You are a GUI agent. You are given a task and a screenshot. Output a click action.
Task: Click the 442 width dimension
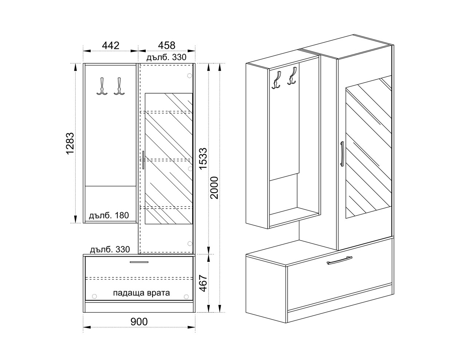[111, 46]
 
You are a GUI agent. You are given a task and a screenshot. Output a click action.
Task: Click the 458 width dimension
[167, 46]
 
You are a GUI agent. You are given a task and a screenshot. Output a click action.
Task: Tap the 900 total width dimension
[139, 322]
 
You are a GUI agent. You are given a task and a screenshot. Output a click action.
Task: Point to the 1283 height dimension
[70, 144]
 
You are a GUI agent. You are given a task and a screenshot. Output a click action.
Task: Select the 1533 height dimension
[203, 159]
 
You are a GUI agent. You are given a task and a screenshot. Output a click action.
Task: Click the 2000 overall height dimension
[214, 188]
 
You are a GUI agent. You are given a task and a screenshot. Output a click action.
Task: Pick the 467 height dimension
[203, 284]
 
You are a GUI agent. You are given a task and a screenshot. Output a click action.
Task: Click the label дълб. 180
[109, 215]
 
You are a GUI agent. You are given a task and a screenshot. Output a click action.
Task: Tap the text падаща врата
[142, 293]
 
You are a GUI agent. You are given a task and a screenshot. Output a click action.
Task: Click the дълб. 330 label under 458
[166, 58]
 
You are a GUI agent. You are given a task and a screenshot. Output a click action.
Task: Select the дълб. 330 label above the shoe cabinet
[110, 249]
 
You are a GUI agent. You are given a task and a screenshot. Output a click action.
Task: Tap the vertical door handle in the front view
[143, 160]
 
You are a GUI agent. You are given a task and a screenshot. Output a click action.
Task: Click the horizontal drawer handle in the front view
[139, 262]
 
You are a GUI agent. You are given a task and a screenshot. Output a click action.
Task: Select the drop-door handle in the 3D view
[339, 260]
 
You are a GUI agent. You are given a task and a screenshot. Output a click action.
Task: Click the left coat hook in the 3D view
[276, 80]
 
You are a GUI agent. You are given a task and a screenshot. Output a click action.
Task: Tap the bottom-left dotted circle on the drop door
[94, 297]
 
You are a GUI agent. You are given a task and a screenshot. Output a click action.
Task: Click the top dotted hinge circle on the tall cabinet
[189, 76]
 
